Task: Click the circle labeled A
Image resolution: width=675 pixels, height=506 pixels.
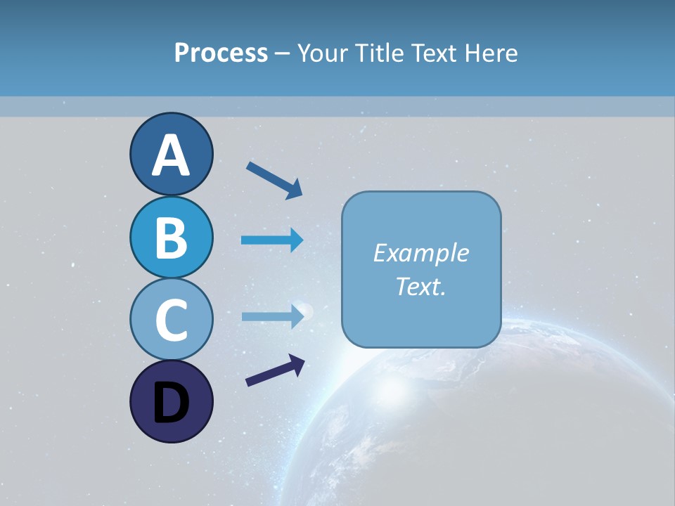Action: (x=171, y=154)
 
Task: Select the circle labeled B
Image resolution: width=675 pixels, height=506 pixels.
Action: (x=171, y=237)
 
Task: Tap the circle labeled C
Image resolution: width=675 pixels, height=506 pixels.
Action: (x=171, y=319)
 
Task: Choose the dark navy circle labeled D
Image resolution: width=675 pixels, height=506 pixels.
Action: (x=171, y=401)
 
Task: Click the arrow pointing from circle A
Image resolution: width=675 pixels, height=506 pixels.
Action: (x=274, y=180)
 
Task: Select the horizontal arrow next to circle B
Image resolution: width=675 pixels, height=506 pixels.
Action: (x=272, y=240)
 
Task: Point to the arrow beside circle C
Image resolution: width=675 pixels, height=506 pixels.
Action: (x=272, y=316)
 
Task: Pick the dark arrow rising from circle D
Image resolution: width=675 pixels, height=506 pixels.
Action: (x=275, y=370)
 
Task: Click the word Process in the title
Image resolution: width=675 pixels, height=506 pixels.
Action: (x=221, y=53)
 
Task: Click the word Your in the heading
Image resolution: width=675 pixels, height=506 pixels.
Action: (x=323, y=53)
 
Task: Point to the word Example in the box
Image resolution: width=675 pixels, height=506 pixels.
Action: (x=420, y=253)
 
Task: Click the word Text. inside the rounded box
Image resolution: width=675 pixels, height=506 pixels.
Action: (x=420, y=286)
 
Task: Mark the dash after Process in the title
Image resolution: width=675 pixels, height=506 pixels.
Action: (x=283, y=53)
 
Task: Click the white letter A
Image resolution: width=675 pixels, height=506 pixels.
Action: (x=171, y=155)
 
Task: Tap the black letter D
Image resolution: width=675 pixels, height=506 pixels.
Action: (x=171, y=403)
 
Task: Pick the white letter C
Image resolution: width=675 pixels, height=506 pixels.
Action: (x=171, y=320)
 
